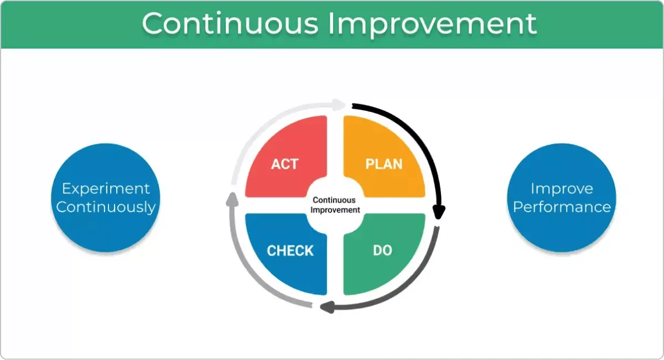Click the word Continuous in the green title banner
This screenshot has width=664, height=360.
230,23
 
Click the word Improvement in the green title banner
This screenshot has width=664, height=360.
433,25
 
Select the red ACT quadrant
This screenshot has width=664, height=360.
286,156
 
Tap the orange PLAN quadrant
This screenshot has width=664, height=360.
384,156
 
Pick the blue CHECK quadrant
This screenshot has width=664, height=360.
286,254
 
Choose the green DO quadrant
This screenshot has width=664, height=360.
384,254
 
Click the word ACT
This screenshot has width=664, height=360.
284,164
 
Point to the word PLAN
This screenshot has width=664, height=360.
384,164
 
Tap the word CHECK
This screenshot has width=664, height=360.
290,251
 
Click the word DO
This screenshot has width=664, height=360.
383,251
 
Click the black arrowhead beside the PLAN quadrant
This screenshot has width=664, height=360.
439,212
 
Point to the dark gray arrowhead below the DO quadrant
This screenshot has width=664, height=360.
328,307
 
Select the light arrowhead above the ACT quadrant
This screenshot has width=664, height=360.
339,105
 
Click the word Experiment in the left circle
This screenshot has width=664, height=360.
106,189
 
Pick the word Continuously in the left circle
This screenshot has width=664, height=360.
106,207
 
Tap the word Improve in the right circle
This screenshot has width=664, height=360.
562,189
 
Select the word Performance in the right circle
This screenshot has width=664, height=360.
562,207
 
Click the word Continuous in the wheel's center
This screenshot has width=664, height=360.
334,200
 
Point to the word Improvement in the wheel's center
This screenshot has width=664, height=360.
335,210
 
